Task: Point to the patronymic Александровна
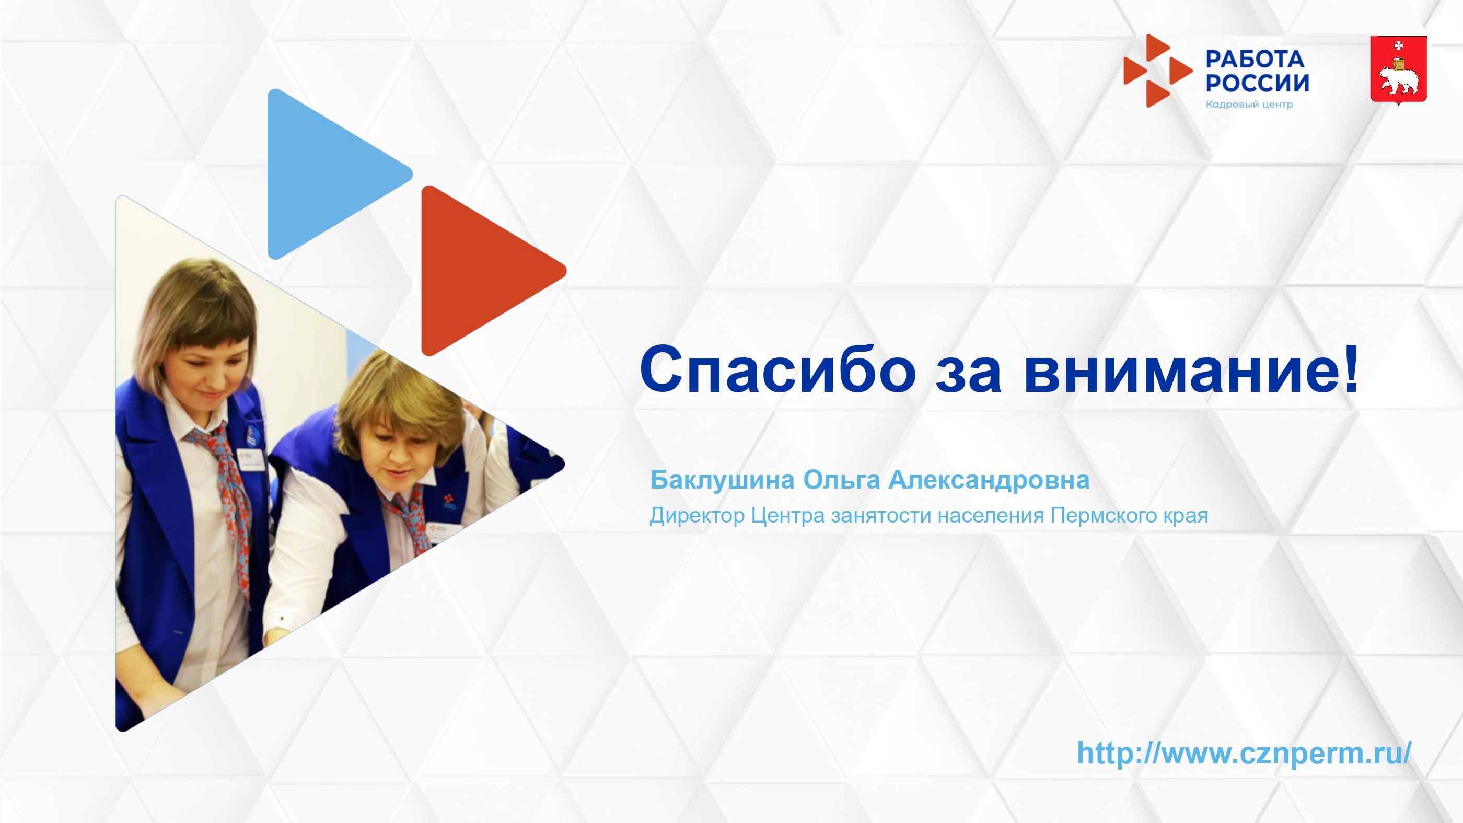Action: pyautogui.click(x=989, y=480)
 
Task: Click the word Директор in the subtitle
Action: pyautogui.click(x=697, y=516)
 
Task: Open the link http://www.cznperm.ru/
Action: pyautogui.click(x=1244, y=753)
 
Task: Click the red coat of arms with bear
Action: pyautogui.click(x=1398, y=71)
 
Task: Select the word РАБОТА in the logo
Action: pyautogui.click(x=1255, y=59)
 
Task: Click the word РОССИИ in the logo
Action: pyautogui.click(x=1258, y=83)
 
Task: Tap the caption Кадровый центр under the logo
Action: pyautogui.click(x=1249, y=105)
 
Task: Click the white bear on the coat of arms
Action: pyautogui.click(x=1399, y=80)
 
